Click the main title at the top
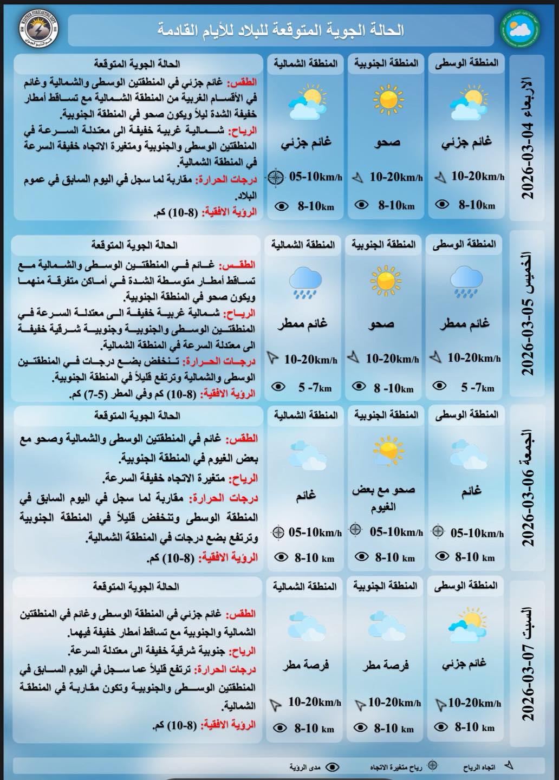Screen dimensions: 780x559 [282, 30]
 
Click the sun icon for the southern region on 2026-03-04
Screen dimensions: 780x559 [388, 100]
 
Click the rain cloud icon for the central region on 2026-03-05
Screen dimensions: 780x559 [465, 281]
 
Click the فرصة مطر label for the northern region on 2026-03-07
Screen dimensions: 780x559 [305, 665]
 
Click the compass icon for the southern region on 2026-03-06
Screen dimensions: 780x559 [355, 530]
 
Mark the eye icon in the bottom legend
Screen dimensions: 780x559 [333, 767]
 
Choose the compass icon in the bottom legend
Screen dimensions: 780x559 [432, 766]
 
